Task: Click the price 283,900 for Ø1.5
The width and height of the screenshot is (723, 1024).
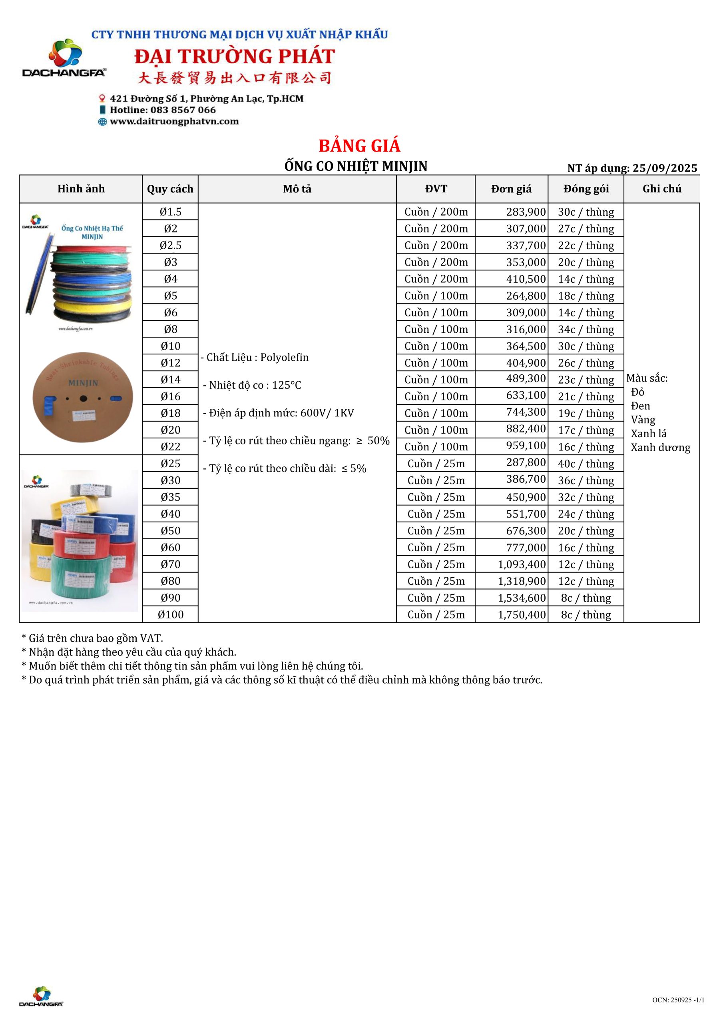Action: point(526,212)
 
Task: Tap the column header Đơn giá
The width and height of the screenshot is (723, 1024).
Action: point(511,189)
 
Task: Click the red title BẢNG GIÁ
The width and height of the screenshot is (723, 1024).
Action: point(359,146)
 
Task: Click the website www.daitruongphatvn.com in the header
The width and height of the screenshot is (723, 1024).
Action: point(174,121)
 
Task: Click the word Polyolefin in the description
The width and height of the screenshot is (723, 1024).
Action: point(285,357)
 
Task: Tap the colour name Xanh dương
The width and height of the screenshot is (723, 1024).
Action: point(660,448)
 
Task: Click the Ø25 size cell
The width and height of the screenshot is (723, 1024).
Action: point(170,464)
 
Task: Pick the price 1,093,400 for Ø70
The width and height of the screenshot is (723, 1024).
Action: point(522,565)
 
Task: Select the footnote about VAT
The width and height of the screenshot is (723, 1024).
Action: point(92,638)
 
